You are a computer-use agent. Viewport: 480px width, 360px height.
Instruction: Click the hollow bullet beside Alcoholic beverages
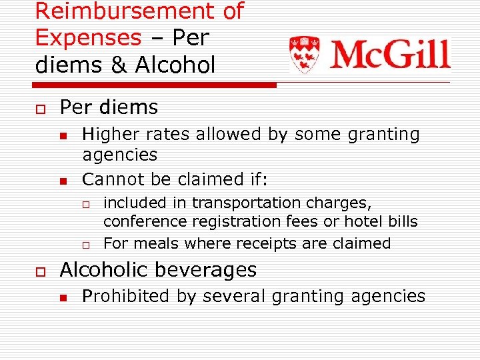(41, 271)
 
